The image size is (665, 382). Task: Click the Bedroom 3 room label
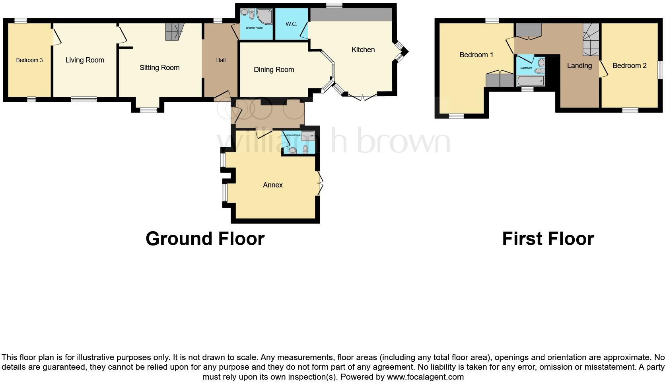tap(29, 60)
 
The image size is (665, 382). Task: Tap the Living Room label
tap(85, 60)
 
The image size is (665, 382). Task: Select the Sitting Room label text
tap(159, 68)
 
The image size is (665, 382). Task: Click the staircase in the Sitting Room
tap(175, 31)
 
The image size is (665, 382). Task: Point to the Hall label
tap(221, 60)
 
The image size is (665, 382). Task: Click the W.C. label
tap(291, 24)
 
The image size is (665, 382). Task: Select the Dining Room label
tap(274, 70)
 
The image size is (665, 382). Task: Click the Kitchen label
tap(363, 50)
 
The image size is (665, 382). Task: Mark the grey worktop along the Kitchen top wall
tap(350, 14)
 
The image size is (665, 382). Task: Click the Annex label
tap(272, 185)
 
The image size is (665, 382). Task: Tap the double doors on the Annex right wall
tap(320, 183)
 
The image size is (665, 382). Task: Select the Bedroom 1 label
tap(476, 55)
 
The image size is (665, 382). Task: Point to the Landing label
tap(579, 66)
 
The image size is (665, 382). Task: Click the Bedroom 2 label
tap(629, 66)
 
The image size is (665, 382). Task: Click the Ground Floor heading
tap(205, 239)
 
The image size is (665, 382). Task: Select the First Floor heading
tap(548, 239)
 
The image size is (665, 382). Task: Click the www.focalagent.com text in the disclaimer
tap(425, 376)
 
